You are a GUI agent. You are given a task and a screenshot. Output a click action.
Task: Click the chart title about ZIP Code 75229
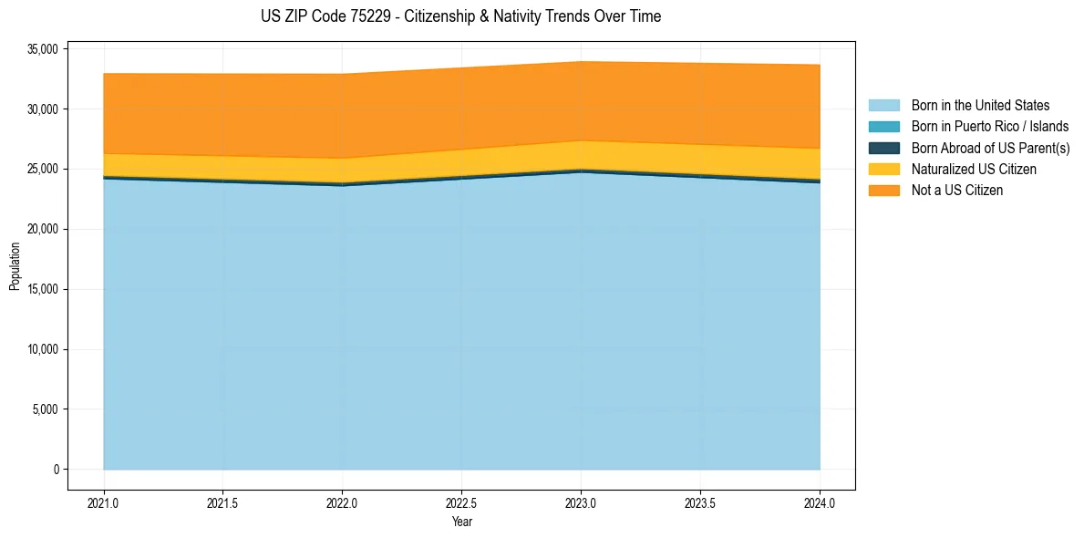coord(460,16)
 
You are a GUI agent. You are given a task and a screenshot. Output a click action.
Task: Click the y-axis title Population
coord(15,266)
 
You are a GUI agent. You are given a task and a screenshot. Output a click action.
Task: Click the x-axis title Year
coord(461,522)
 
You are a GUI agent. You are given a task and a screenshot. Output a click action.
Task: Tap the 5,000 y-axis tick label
coord(43,409)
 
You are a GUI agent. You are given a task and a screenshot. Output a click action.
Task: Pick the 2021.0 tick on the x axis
coord(104,502)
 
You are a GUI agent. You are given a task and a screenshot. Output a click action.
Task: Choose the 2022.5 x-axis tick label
coord(461,502)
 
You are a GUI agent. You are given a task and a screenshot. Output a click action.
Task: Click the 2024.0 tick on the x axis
coord(820,502)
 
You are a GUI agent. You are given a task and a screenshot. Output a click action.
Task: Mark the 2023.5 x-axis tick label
coord(700,502)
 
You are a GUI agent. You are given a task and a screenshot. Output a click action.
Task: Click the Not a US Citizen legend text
coord(956,191)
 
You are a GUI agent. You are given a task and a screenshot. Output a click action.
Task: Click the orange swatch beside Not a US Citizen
coord(883,191)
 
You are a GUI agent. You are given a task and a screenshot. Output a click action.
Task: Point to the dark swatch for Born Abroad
coord(883,148)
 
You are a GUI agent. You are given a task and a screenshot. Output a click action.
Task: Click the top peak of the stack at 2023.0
coord(581,62)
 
